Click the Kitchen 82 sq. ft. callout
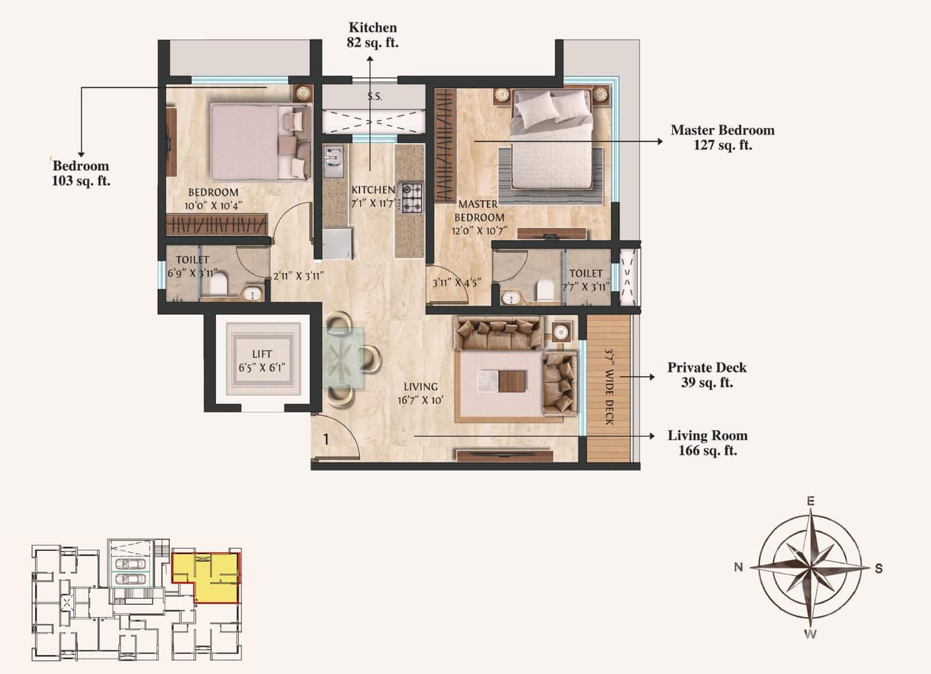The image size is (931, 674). pyautogui.click(x=372, y=35)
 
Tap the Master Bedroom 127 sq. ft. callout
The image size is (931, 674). pyautogui.click(x=722, y=138)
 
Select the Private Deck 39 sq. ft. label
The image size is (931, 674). pyautogui.click(x=706, y=375)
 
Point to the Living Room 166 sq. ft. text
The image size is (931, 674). pyautogui.click(x=707, y=443)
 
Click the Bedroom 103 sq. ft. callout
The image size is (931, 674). pyautogui.click(x=80, y=173)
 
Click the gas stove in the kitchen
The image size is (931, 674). pyautogui.click(x=412, y=197)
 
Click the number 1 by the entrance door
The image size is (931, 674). pyautogui.click(x=327, y=439)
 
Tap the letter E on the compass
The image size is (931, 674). pyautogui.click(x=810, y=501)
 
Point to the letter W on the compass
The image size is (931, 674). pyautogui.click(x=810, y=634)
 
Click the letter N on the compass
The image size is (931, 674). pyautogui.click(x=738, y=568)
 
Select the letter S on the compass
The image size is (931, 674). pyautogui.click(x=878, y=568)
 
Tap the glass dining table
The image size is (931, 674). pyautogui.click(x=344, y=358)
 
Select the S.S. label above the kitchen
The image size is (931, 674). pyautogui.click(x=375, y=96)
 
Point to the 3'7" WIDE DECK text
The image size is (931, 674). pyautogui.click(x=610, y=387)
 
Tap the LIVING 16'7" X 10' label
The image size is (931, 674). pyautogui.click(x=421, y=393)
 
